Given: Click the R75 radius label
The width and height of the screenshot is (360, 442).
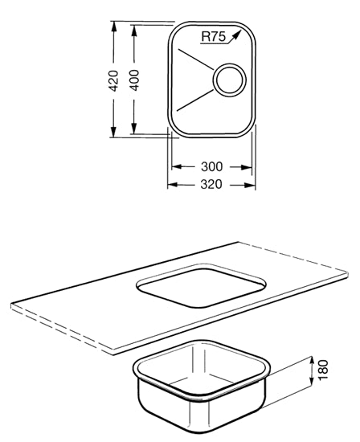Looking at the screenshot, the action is coord(214,37).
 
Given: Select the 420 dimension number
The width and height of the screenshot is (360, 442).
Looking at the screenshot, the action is coord(113,80).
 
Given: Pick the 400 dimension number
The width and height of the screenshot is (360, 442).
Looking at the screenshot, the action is coord(134,80).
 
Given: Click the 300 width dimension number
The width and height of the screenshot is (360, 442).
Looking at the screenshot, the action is coord(211,166).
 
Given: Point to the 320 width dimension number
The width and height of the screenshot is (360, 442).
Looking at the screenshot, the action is coord(211,184).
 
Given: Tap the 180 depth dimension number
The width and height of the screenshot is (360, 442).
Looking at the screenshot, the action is coord(323,370).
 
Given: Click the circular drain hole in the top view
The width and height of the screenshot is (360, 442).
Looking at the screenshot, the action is coord(229,80).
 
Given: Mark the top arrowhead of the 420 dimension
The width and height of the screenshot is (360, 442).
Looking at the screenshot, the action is coord(113,27).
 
